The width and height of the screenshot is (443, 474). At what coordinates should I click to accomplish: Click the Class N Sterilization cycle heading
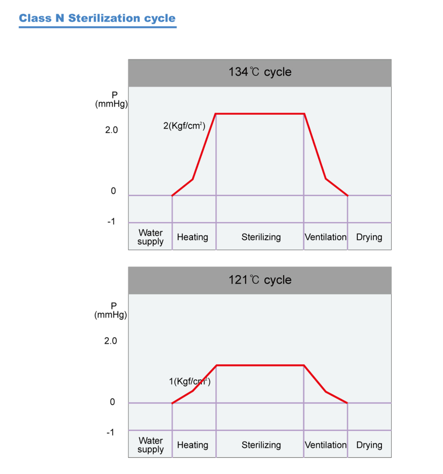[97, 18]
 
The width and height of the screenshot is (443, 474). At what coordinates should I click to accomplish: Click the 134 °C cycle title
[260, 72]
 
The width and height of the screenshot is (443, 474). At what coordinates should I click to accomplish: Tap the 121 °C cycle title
[260, 280]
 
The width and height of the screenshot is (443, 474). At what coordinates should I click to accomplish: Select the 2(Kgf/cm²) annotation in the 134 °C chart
[184, 126]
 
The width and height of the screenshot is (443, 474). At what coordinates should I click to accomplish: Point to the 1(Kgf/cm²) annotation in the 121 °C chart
[190, 381]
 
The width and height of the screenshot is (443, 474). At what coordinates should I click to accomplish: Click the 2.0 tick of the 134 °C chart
[111, 130]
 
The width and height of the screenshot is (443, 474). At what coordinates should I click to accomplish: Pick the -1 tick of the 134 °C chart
[111, 222]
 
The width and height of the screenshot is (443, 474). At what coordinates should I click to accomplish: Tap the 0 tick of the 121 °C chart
[112, 402]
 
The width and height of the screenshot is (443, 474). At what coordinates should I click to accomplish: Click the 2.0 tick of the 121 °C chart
[111, 341]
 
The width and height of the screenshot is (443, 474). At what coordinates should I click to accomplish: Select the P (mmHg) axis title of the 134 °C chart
[112, 100]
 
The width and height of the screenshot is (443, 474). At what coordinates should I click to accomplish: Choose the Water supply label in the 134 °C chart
[151, 237]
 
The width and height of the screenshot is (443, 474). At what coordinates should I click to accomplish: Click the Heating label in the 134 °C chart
[193, 237]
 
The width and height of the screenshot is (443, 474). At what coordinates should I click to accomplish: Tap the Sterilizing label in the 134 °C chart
[261, 237]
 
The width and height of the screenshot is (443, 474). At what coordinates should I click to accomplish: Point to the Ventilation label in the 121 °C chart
[326, 445]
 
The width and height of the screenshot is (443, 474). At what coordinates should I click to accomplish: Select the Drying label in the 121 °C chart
[369, 445]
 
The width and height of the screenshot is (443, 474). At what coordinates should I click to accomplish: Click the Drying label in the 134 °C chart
[369, 237]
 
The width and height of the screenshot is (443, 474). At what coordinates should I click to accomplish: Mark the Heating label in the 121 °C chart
[193, 445]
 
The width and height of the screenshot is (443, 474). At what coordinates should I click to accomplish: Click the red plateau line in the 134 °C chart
[260, 114]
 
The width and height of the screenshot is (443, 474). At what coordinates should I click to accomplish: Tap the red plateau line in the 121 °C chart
[260, 365]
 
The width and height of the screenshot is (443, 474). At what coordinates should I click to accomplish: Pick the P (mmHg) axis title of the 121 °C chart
[111, 311]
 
